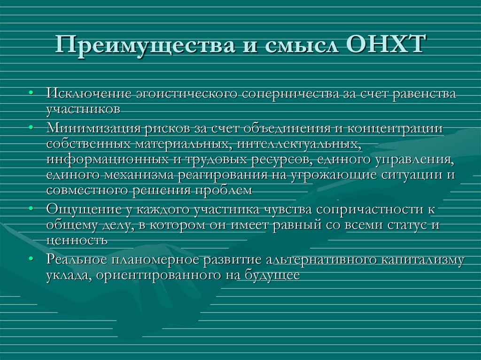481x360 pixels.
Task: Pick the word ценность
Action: click(x=77, y=240)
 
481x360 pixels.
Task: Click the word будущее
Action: click(x=272, y=275)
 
